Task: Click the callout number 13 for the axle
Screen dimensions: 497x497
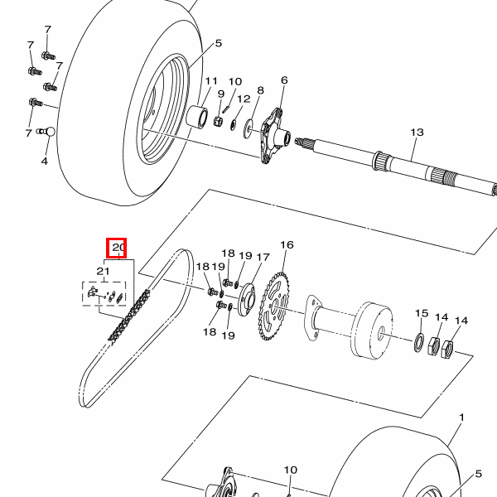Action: point(417,133)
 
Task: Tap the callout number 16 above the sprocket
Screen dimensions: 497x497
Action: point(287,244)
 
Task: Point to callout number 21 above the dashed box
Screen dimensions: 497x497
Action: point(103,272)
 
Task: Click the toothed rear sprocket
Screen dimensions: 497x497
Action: point(274,306)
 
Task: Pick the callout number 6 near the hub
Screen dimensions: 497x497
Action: point(284,80)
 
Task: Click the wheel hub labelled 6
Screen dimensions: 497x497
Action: point(274,136)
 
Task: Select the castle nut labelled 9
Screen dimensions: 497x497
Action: point(218,121)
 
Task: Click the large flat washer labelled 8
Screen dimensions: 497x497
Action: point(248,128)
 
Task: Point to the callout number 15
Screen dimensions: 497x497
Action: point(422,313)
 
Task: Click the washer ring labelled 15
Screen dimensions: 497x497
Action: point(419,342)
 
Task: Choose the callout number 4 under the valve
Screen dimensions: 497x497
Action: point(45,161)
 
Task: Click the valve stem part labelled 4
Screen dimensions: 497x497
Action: point(46,131)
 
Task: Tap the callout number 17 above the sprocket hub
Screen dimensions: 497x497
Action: point(263,257)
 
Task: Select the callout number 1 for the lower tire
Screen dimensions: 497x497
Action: point(461,417)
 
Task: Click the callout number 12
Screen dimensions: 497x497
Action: point(244,99)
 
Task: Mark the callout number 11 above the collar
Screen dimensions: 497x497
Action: point(211,81)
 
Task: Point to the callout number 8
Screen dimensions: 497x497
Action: point(261,90)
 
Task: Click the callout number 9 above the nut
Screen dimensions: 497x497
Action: point(221,94)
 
